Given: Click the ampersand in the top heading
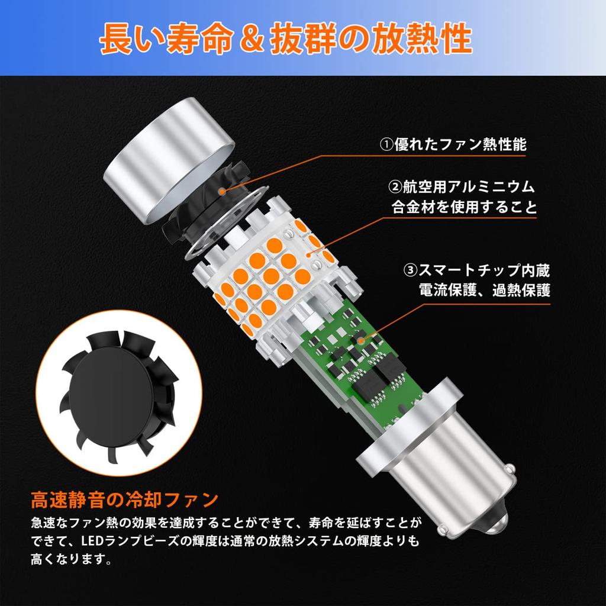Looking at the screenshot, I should tap(245, 40).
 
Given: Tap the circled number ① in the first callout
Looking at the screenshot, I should tap(386, 145).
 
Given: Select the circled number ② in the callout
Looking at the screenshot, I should tap(395, 188).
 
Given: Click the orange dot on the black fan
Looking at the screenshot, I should tap(223, 191).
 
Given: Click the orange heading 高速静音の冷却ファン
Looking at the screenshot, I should tap(125, 500).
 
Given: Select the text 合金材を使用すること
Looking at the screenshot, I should tap(465, 208).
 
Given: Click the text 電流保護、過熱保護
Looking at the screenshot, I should tap(483, 291).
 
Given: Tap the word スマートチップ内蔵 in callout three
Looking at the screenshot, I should tap(484, 271).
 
